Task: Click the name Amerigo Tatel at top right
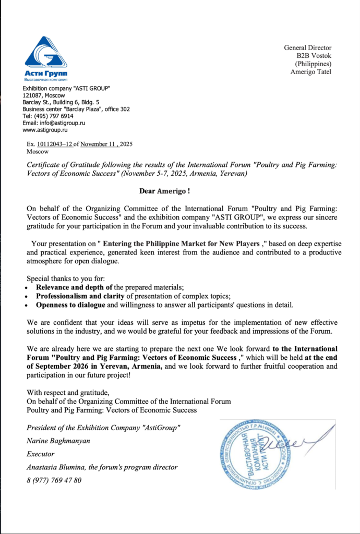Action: [311, 71]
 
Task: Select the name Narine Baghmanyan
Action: [58, 441]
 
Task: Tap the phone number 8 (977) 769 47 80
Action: [54, 480]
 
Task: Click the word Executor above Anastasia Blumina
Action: [40, 454]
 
